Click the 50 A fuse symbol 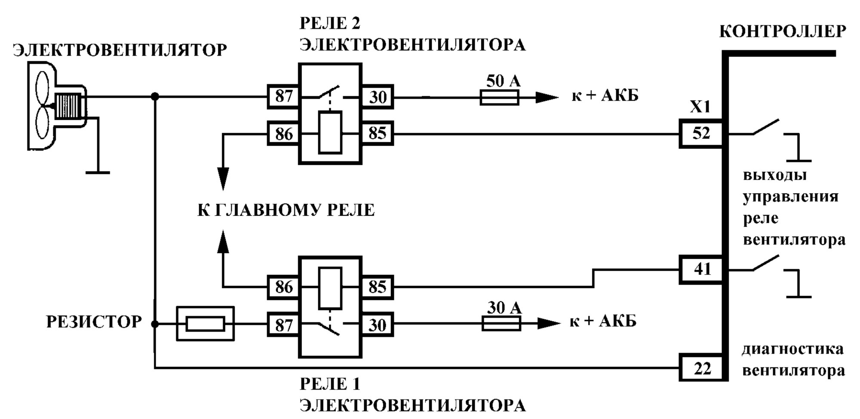point(499,98)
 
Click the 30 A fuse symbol point(501,323)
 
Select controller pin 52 point(701,133)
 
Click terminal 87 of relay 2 point(283,96)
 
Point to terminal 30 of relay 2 point(377,97)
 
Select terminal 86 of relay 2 point(283,134)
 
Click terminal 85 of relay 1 point(377,287)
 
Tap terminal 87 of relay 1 point(283,325)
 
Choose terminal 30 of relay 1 point(377,325)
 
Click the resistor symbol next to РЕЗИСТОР point(206,324)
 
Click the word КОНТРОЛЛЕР point(783,31)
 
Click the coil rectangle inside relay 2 point(330,132)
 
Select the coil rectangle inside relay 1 point(330,288)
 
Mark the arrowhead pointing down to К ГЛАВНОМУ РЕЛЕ point(223,179)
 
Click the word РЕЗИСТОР point(94,322)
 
